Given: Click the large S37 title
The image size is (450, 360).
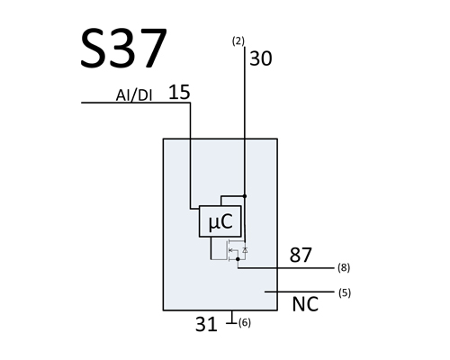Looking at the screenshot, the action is click(123, 48).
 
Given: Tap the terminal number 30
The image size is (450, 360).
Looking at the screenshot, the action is click(261, 58).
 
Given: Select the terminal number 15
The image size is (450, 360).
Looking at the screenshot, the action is click(179, 92).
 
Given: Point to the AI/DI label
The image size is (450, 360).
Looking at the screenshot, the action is click(134, 95).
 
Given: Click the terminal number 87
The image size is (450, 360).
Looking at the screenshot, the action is click(301, 256).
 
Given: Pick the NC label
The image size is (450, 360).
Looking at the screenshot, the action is click(305, 304).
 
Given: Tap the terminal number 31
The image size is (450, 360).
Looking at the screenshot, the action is click(206, 324).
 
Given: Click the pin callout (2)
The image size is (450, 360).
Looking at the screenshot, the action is click(238, 41).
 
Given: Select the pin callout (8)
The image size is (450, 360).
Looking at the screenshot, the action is click(344, 267).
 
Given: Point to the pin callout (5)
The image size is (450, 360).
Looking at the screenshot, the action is click(345, 292).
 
